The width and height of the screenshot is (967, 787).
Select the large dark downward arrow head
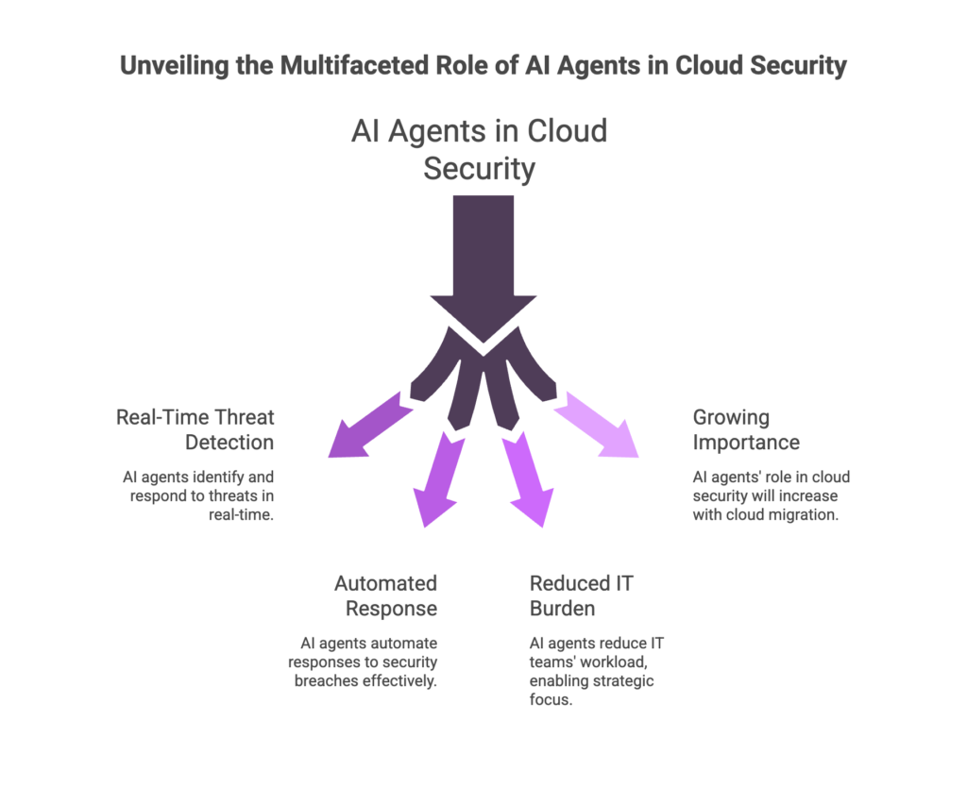(x=483, y=316)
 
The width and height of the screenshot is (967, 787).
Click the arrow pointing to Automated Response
(x=437, y=481)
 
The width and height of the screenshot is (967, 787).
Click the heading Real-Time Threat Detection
(x=195, y=429)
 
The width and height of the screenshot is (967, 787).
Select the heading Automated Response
(x=385, y=595)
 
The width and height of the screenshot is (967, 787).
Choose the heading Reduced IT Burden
(x=581, y=595)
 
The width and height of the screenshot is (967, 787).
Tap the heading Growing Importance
(x=746, y=429)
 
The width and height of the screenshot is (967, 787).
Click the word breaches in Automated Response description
(x=324, y=680)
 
